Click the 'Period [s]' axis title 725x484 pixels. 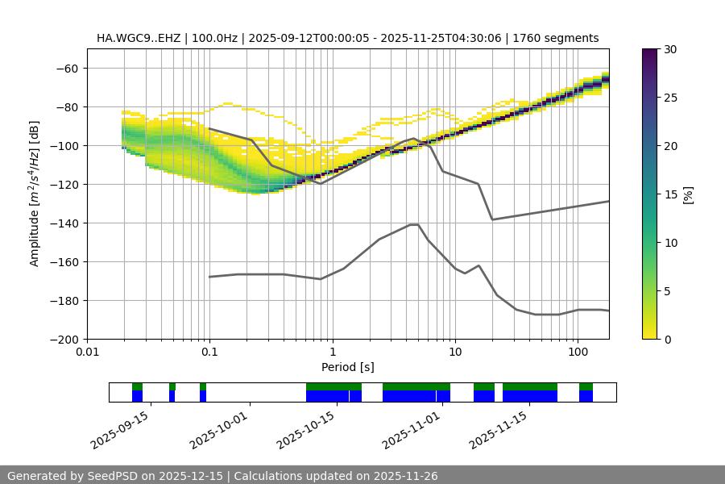coord(347,367)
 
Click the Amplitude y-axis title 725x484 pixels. coord(35,194)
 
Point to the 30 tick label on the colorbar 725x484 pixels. coord(670,49)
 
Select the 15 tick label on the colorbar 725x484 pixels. coord(670,194)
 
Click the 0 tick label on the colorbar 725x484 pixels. coord(668,339)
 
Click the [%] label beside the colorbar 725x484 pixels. coord(688,194)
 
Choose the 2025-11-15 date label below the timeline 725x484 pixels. coord(497,430)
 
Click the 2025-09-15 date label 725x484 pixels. coord(118,430)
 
